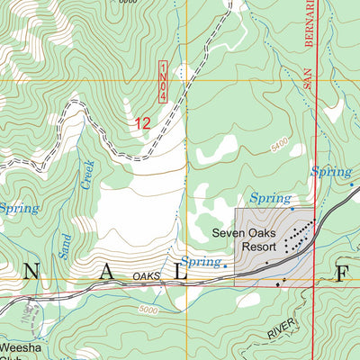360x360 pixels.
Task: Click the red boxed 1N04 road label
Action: (x=164, y=82)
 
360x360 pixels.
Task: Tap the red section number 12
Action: (x=141, y=124)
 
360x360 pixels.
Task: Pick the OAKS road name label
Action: (x=146, y=276)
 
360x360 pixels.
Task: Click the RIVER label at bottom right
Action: (x=281, y=332)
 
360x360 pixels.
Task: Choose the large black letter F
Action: (x=341, y=274)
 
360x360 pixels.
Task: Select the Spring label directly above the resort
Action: (x=270, y=197)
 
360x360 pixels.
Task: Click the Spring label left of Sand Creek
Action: (x=18, y=208)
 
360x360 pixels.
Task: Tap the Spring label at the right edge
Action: (x=331, y=171)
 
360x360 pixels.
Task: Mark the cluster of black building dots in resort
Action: (x=298, y=236)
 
